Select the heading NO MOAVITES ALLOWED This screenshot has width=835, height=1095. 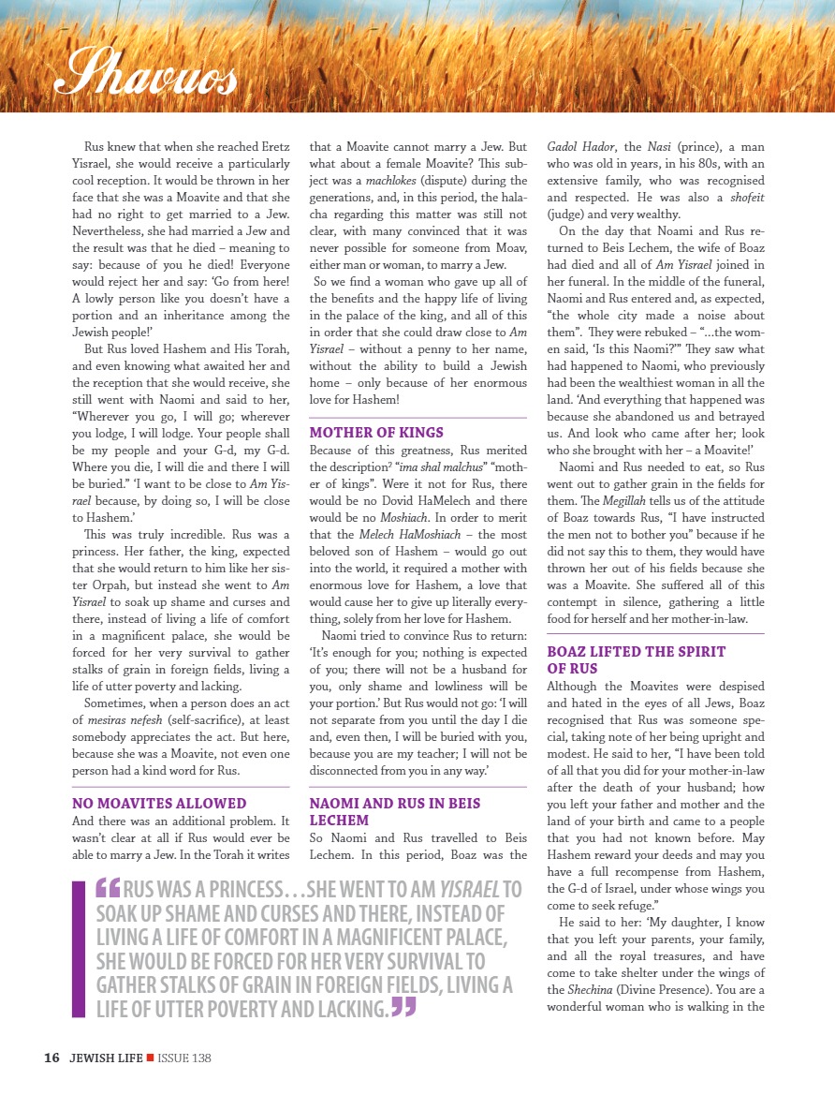(159, 803)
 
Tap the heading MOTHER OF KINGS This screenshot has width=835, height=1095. (376, 433)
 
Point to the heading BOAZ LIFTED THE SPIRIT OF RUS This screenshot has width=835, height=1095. (637, 659)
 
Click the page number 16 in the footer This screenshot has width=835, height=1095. (51, 1058)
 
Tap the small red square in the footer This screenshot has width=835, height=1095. (150, 1058)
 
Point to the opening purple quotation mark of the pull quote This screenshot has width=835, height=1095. (107, 886)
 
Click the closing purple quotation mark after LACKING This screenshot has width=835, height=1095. (403, 1007)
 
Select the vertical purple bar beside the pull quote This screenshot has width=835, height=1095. (78, 948)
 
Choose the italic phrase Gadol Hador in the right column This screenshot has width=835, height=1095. (580, 147)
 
